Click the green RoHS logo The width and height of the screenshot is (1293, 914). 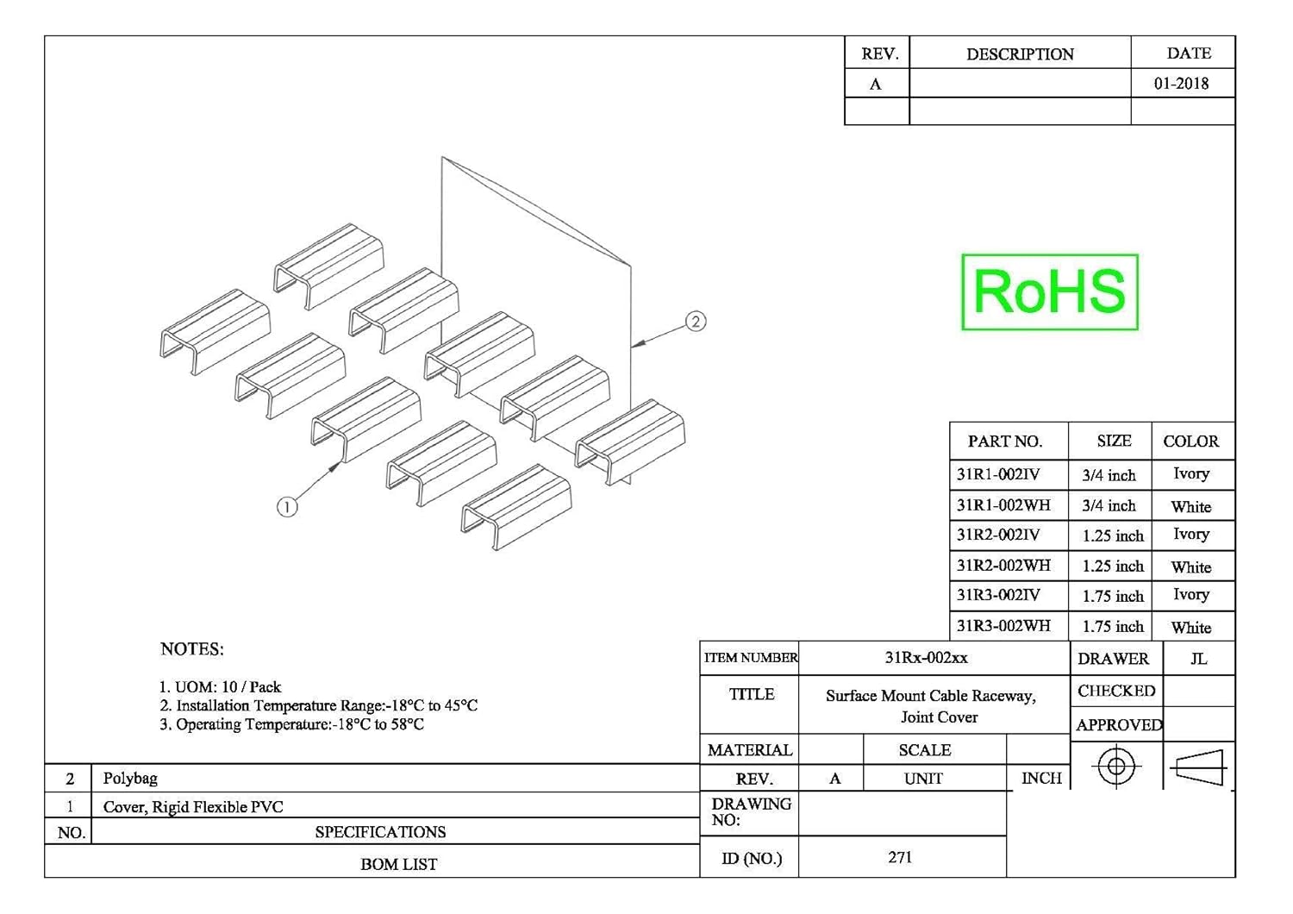tap(1049, 291)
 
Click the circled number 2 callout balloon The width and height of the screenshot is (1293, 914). tap(696, 322)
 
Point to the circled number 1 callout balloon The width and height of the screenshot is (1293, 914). tap(287, 507)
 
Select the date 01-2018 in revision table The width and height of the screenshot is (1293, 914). tap(1181, 84)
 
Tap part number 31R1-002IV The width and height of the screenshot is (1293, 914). tap(998, 474)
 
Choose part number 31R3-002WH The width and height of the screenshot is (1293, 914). tap(1003, 626)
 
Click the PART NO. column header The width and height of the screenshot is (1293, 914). tap(1005, 441)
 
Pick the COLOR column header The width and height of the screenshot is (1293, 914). tap(1190, 441)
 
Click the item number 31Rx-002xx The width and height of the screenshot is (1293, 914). tap(926, 658)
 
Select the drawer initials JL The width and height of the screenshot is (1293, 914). tap(1198, 659)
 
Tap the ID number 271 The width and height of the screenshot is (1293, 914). tap(900, 857)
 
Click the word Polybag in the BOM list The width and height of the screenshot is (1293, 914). tap(130, 778)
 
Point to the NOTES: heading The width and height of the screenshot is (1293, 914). tap(191, 649)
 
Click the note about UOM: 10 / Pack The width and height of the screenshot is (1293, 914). tap(220, 687)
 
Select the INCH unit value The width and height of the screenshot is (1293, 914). tap(1041, 778)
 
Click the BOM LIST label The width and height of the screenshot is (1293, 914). tap(398, 864)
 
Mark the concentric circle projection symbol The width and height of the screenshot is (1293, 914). tap(1116, 766)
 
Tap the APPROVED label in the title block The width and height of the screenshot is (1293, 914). tap(1118, 725)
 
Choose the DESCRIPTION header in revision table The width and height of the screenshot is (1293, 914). tap(1020, 54)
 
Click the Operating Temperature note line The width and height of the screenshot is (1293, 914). tap(291, 724)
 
